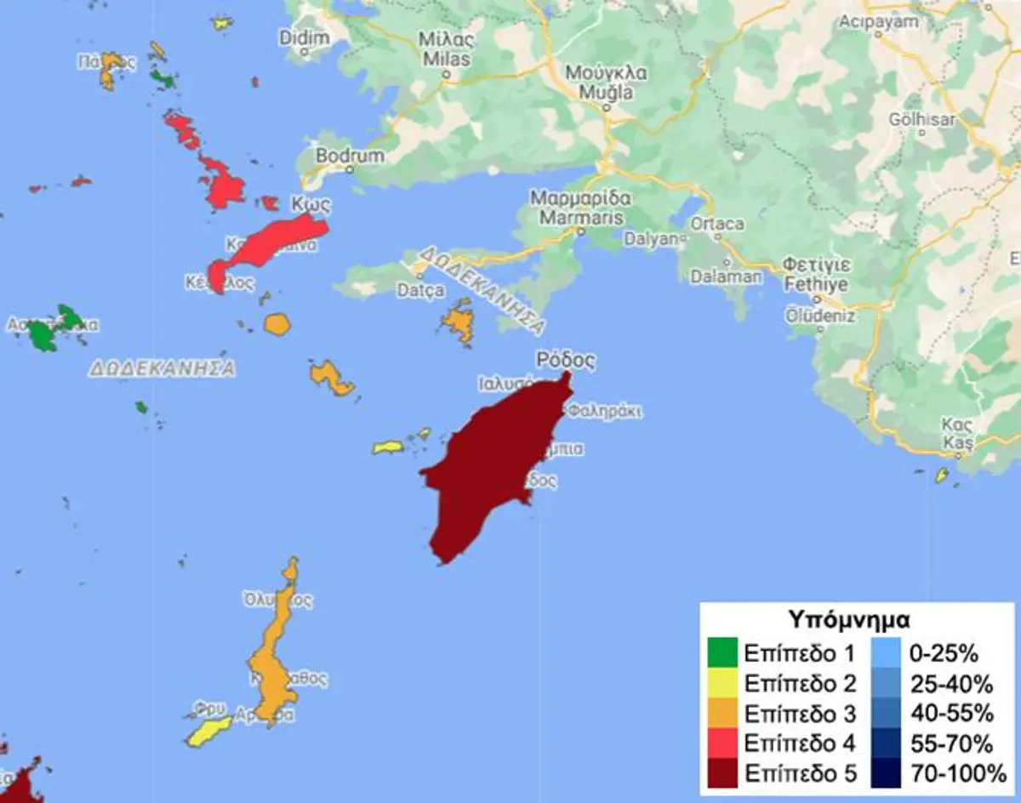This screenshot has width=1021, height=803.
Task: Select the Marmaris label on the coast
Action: pos(580,214)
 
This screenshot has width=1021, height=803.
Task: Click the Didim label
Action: pos(304,38)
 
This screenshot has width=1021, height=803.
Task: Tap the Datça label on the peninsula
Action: pos(421,291)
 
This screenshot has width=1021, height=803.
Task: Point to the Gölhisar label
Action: pos(922,120)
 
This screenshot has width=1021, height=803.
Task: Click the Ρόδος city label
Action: pos(565,361)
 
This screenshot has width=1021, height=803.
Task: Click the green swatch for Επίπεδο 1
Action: pos(723,653)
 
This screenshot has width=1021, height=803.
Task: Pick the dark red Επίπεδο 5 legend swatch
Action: pos(723,772)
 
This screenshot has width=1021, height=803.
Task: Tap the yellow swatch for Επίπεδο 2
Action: pos(723,683)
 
